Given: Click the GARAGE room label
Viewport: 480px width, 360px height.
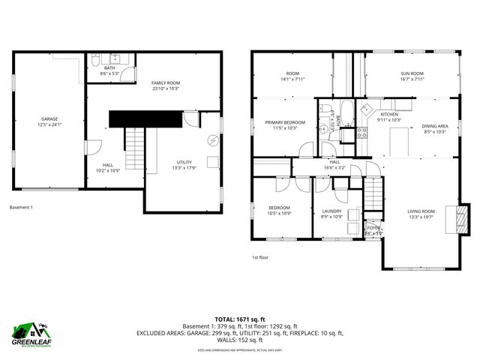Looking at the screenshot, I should tap(49, 119).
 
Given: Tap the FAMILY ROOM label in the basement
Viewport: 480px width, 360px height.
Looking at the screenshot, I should tap(166, 82).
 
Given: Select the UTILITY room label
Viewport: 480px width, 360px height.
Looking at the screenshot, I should tap(184, 162).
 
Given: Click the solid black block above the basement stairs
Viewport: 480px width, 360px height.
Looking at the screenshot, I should tap(146, 118).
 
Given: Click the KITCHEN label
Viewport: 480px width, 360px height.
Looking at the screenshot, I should tap(389, 114).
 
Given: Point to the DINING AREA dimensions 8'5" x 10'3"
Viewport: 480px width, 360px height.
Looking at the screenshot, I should tap(435, 131).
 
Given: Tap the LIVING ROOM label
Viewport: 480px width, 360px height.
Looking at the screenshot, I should tap(421, 211).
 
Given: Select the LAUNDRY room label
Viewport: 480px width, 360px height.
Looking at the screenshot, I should tap(331, 211).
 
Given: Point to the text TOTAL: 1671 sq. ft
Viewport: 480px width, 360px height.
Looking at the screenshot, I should tap(240, 319).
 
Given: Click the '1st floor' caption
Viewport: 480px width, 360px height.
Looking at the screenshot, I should tap(260, 257).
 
